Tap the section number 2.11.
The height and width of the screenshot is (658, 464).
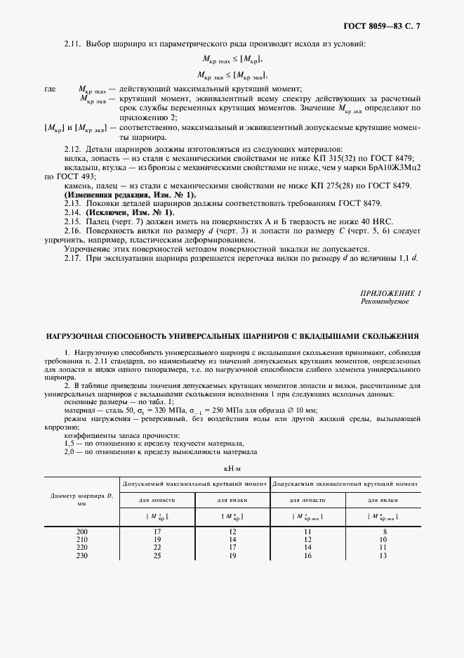pos(72,44)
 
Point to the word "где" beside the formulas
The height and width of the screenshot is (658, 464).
pos(50,89)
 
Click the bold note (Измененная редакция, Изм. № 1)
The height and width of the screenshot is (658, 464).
pos(131,194)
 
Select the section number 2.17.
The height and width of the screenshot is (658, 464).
pos(72,258)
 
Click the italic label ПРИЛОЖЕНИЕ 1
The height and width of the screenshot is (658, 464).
pos(391,292)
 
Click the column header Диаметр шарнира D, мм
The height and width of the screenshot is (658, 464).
pos(82,500)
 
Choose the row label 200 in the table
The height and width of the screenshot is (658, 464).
pos(82,532)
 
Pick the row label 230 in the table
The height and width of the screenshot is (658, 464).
pos(82,555)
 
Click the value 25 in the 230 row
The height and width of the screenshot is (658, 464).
pos(158,555)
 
